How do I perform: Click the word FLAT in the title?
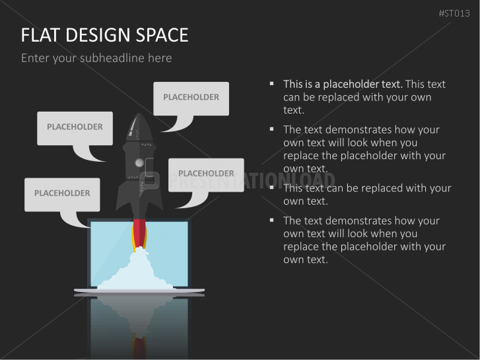(40, 35)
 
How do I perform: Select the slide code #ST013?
(454, 13)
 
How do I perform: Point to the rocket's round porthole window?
(139, 162)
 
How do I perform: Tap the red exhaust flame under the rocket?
(139, 234)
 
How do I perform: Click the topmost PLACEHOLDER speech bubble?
(191, 98)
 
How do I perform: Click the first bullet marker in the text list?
(271, 83)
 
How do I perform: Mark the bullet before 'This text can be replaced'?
(271, 187)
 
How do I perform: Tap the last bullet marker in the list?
(271, 220)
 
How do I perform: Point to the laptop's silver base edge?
(139, 290)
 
